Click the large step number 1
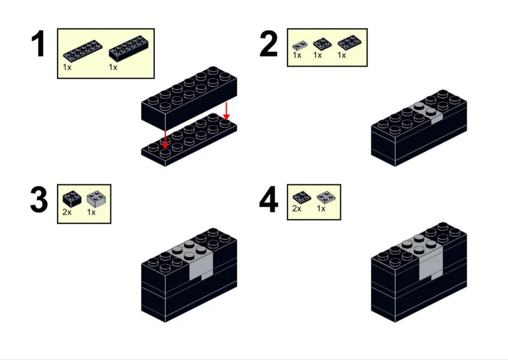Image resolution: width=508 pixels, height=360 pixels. pyautogui.click(x=38, y=44)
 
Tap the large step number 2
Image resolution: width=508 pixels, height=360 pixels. pyautogui.click(x=268, y=44)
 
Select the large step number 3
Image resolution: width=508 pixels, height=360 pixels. pyautogui.click(x=39, y=200)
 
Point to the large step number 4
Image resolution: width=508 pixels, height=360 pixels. pyautogui.click(x=268, y=200)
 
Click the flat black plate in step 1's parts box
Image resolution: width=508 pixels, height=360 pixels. pyautogui.click(x=83, y=51)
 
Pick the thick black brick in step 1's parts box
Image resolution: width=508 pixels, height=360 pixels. pyautogui.click(x=129, y=49)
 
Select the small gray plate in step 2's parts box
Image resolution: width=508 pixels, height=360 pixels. pyautogui.click(x=300, y=45)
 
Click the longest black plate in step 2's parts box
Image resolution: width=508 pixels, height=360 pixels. pyautogui.click(x=350, y=43)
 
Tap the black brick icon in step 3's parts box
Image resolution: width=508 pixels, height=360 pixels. pyautogui.click(x=72, y=199)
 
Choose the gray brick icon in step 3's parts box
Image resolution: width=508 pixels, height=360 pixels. pyautogui.click(x=96, y=199)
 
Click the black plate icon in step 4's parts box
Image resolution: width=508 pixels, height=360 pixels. pyautogui.click(x=302, y=197)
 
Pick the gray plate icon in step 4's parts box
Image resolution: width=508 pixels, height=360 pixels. pyautogui.click(x=326, y=197)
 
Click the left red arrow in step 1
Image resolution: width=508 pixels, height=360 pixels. pyautogui.click(x=165, y=140)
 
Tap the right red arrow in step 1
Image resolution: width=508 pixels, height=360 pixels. pyautogui.click(x=226, y=111)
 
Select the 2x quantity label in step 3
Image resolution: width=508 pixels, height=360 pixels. pyautogui.click(x=67, y=212)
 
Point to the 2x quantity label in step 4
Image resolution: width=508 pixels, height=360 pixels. pyautogui.click(x=297, y=209)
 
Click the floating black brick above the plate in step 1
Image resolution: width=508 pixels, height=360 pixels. pyautogui.click(x=189, y=98)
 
